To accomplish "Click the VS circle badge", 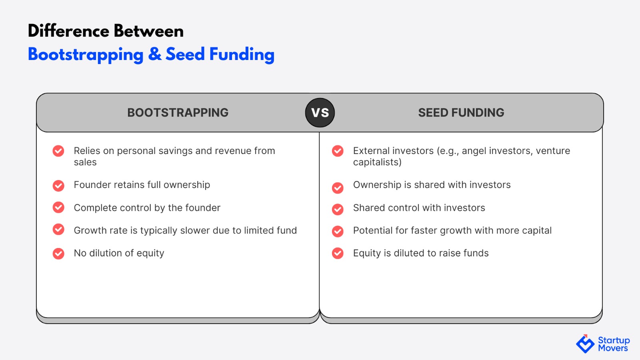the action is (x=320, y=112).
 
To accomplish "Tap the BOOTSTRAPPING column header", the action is (x=178, y=112).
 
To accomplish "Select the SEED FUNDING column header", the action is (x=461, y=112).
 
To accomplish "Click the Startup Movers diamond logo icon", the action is (x=585, y=344).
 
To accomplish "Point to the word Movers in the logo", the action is (x=613, y=348).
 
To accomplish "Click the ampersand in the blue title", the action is (x=155, y=54).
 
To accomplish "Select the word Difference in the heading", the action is (x=69, y=31).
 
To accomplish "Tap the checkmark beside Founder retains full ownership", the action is (x=58, y=186).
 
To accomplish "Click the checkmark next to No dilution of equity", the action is (x=58, y=254).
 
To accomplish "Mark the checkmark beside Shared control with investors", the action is (x=338, y=209).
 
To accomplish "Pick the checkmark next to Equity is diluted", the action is (x=338, y=253).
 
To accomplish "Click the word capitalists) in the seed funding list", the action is (x=377, y=162).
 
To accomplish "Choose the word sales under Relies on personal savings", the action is (x=85, y=162).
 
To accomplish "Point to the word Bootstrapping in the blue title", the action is (x=86, y=55).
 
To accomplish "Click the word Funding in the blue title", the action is (x=242, y=55).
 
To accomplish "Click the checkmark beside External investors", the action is (x=338, y=151).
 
